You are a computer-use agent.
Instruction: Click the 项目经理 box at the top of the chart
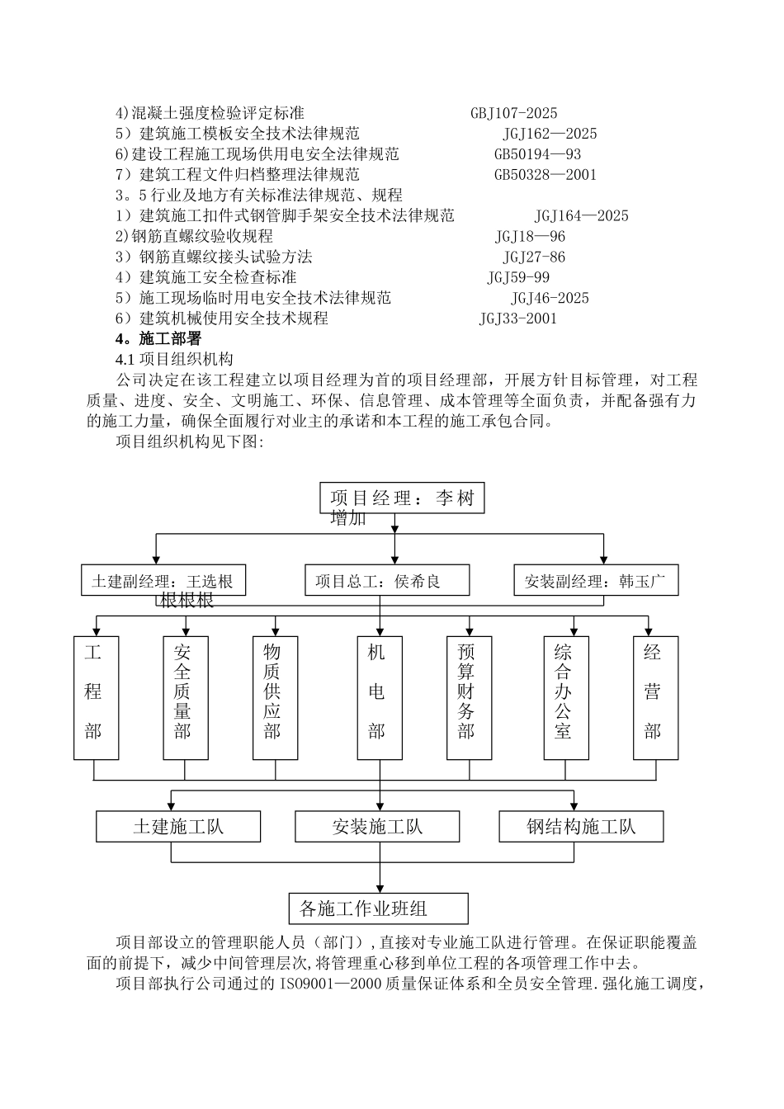click(402, 498)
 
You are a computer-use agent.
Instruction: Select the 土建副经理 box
click(163, 581)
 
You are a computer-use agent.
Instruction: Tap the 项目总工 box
click(386, 581)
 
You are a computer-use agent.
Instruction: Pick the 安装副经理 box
click(595, 581)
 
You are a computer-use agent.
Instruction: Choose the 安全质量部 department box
click(185, 698)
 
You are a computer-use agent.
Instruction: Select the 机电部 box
click(380, 698)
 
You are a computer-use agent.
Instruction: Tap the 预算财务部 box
click(469, 698)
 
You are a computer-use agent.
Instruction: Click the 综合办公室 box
click(566, 698)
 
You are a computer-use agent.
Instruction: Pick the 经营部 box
click(655, 698)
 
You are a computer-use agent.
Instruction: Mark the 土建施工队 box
click(177, 826)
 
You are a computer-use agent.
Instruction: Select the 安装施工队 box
click(377, 826)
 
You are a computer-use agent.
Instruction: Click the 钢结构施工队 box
click(581, 826)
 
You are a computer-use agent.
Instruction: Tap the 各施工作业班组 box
click(378, 908)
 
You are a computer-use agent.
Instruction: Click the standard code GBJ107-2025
click(513, 113)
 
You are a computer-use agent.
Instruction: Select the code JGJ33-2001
click(517, 319)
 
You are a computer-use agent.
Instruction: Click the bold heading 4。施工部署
click(158, 339)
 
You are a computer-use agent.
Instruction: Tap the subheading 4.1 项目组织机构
click(174, 360)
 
